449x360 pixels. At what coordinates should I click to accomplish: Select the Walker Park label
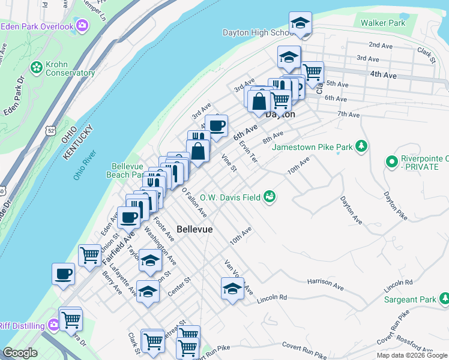pos(382,23)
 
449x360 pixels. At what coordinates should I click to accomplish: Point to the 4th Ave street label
pos(384,75)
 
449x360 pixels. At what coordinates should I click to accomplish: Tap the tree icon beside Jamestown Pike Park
pos(361,146)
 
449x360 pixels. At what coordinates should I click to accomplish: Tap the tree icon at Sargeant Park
pos(444,298)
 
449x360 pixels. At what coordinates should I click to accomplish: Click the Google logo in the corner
pos(20,353)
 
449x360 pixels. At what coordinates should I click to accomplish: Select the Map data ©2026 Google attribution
pos(411,355)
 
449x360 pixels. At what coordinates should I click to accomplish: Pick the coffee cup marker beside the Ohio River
pos(64,275)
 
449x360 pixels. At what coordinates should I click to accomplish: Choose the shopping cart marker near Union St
pos(89,255)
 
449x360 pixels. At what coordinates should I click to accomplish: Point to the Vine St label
pos(229,163)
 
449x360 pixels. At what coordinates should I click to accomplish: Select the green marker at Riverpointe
pos(392,161)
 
